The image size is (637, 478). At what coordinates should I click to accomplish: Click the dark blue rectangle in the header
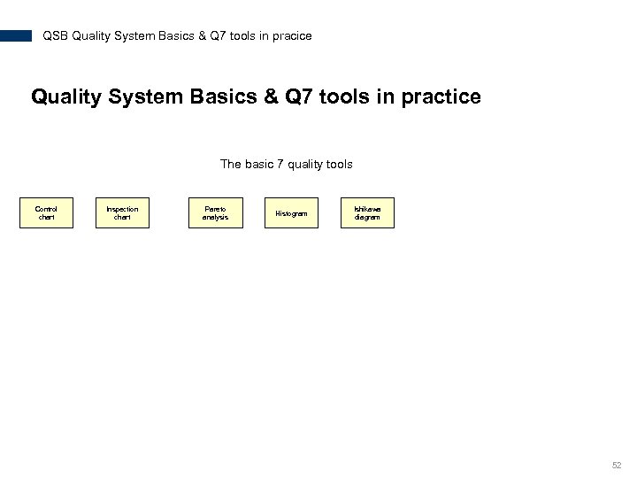pyautogui.click(x=16, y=36)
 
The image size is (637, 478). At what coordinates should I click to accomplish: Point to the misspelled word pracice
pyautogui.click(x=292, y=36)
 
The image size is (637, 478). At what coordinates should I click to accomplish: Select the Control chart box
pyautogui.click(x=46, y=213)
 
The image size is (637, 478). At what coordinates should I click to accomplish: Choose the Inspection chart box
pyautogui.click(x=122, y=213)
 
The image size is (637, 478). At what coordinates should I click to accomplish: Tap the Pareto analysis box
pyautogui.click(x=215, y=213)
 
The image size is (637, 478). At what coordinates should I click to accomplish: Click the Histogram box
pyautogui.click(x=291, y=213)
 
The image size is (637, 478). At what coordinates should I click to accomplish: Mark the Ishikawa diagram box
pyautogui.click(x=367, y=213)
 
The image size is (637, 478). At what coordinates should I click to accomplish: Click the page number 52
pyautogui.click(x=617, y=465)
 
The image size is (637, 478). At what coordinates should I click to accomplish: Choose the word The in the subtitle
pyautogui.click(x=229, y=164)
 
